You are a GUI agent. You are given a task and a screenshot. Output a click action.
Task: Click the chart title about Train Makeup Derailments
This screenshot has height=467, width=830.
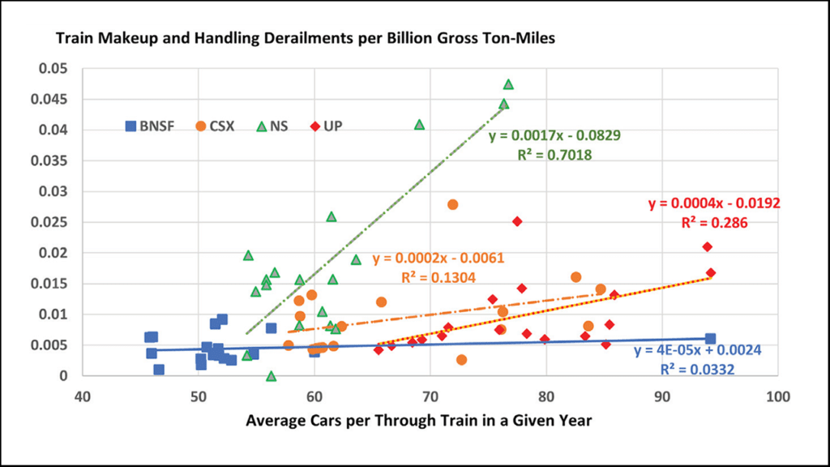pos(305,39)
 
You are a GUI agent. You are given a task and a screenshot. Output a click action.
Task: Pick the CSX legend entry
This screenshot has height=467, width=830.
pos(215,126)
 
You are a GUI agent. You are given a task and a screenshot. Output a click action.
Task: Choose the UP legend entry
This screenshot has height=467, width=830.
pos(329,126)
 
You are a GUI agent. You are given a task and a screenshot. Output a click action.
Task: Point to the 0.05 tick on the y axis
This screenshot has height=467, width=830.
pos(56,68)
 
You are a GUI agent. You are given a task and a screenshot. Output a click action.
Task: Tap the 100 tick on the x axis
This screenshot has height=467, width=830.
pos(778,397)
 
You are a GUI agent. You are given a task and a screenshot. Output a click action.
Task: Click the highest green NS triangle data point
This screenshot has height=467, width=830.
pos(508,84)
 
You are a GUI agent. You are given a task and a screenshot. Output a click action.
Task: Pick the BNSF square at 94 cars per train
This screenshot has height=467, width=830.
pos(710,339)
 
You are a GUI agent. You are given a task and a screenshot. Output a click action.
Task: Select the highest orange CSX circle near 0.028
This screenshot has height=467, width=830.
pos(453,204)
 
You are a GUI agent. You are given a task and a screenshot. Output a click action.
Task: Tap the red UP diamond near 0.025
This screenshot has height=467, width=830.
pos(517,221)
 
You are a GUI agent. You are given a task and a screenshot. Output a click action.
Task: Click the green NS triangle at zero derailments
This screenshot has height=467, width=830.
pos(272,376)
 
